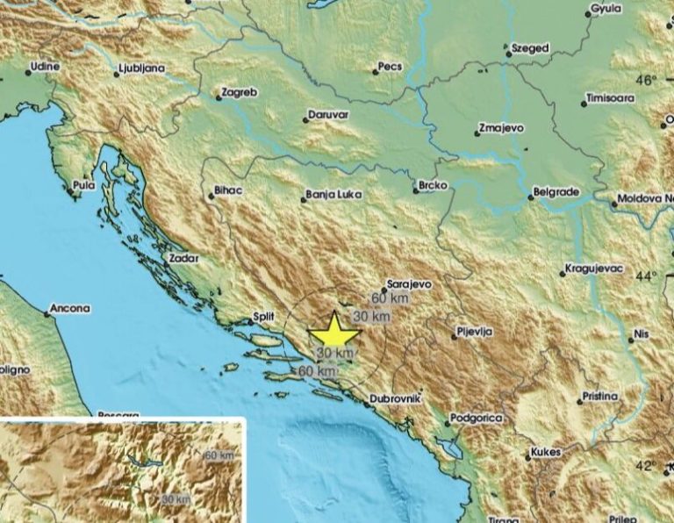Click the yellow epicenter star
click(334, 333)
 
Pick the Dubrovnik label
click(396, 398)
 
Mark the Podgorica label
click(476, 419)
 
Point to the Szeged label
click(531, 48)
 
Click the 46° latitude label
click(647, 81)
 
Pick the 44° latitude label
click(647, 276)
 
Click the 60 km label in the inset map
click(219, 455)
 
